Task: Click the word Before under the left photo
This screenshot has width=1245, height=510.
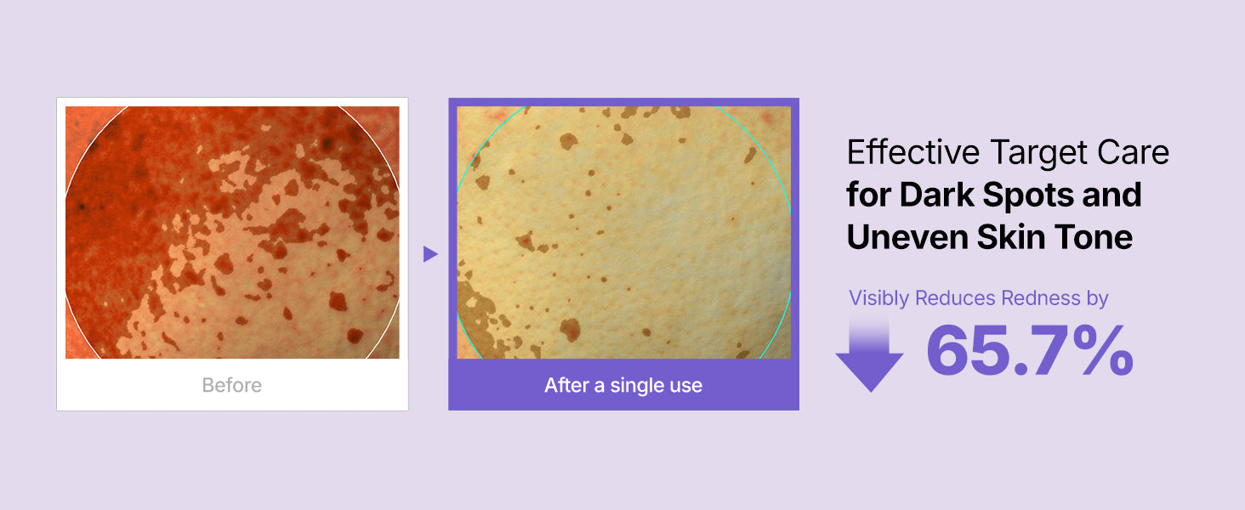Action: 232,385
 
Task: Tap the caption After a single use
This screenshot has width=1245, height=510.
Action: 623,385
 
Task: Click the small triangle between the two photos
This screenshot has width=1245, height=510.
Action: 430,254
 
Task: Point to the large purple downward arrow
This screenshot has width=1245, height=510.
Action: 869,354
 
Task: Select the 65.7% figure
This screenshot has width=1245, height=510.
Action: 1030,350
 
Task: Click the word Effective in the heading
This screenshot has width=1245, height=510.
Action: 913,152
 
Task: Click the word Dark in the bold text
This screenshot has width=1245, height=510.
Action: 937,195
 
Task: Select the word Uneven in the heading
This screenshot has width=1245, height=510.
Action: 907,237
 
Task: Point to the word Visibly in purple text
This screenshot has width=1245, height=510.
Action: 878,298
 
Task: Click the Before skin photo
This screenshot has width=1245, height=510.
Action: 232,232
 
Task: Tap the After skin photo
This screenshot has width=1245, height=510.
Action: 623,232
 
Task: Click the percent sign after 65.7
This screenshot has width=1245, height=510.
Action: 1102,350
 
